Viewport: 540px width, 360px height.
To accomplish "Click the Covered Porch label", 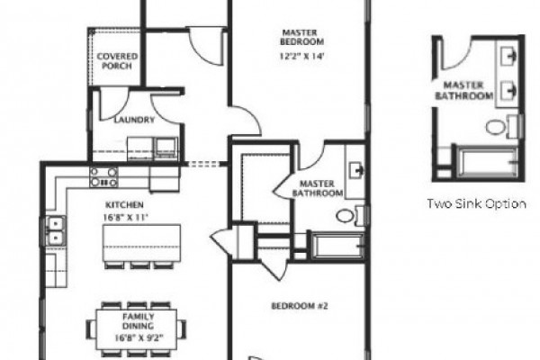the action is click(x=117, y=61).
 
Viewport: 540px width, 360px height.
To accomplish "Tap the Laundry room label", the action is click(x=134, y=120).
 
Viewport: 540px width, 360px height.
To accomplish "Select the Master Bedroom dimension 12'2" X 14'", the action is click(x=302, y=56).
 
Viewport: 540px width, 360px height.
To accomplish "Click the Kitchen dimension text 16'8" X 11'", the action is click(x=125, y=218).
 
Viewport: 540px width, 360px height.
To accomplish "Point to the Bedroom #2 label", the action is click(x=300, y=306).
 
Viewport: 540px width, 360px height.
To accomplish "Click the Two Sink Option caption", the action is click(x=477, y=203).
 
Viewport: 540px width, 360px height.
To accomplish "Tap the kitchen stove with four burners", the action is click(x=103, y=177).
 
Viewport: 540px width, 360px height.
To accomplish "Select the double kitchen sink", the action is click(x=56, y=230).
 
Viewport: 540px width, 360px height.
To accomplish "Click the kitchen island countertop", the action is click(x=141, y=243).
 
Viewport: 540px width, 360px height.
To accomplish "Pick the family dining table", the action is click(x=137, y=329).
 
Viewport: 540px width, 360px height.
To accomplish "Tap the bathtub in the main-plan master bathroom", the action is click(x=337, y=246).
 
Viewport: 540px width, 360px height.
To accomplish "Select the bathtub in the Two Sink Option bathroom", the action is click(x=488, y=162).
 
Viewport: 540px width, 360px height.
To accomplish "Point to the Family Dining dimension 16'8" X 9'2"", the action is click(x=139, y=337).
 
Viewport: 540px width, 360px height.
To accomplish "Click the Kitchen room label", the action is click(x=124, y=204).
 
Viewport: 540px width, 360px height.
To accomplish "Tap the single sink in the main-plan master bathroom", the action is click(x=356, y=170).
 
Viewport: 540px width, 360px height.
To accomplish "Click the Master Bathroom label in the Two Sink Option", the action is click(x=463, y=90).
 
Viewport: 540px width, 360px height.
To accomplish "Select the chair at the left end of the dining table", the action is click(x=91, y=329).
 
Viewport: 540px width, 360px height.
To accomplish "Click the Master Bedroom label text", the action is click(x=302, y=37).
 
